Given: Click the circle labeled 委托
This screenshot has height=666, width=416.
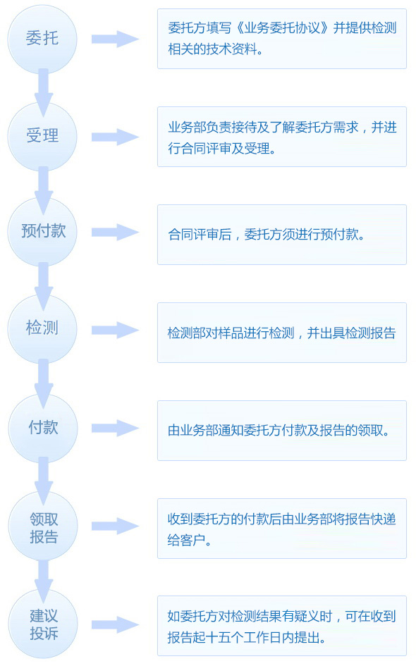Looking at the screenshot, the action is tap(42, 39).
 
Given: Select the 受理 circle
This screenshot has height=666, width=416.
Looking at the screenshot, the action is tap(42, 137).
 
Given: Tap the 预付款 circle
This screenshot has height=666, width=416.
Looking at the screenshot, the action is tap(42, 232).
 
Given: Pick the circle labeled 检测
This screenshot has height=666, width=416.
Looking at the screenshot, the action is tap(42, 329).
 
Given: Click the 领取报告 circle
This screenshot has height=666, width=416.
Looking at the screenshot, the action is tap(43, 526).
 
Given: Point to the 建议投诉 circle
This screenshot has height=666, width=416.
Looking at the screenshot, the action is tap(43, 624).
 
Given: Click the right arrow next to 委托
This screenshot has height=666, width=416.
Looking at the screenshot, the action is tap(115, 39).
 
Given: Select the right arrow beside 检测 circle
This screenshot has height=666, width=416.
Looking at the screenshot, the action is tap(115, 330).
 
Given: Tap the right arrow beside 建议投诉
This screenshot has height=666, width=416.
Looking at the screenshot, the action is tap(115, 625).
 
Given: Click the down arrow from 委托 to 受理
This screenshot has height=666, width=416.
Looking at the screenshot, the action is tap(43, 92).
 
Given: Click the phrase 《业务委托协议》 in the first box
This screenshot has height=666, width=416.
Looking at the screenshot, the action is tap(282, 28).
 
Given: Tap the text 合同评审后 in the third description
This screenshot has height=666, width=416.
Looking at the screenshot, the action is tap(200, 234).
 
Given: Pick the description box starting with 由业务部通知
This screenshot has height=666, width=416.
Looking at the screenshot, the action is tap(282, 431).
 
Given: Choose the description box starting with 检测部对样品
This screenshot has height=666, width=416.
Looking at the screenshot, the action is tap(282, 333).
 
